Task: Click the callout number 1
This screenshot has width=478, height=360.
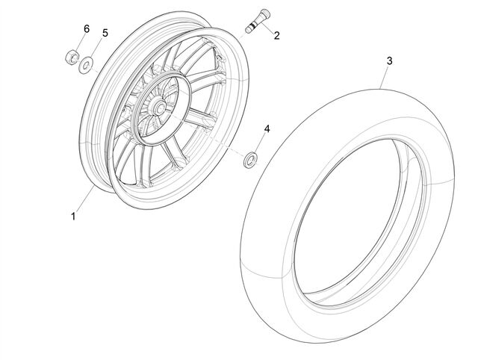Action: click(x=73, y=217)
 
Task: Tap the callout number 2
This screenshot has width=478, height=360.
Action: click(x=276, y=36)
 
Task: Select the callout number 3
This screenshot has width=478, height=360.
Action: click(x=390, y=61)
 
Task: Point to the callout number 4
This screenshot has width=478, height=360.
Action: click(x=267, y=129)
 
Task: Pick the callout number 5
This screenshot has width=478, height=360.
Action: click(x=105, y=33)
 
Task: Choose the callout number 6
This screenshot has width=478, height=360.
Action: click(x=87, y=29)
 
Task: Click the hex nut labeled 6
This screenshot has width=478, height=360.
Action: click(x=72, y=57)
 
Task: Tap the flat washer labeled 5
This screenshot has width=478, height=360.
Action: click(x=86, y=65)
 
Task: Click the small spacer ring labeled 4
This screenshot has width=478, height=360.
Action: click(x=251, y=160)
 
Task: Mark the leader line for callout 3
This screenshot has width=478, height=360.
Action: click(x=385, y=78)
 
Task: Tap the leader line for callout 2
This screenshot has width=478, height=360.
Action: click(x=267, y=28)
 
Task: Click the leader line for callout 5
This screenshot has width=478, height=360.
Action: click(x=96, y=47)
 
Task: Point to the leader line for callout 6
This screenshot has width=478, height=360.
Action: click(x=79, y=43)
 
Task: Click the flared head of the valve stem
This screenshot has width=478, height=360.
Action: click(x=266, y=13)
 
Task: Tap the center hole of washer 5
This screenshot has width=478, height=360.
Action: click(x=86, y=65)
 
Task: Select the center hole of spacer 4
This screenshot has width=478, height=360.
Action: click(x=251, y=160)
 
